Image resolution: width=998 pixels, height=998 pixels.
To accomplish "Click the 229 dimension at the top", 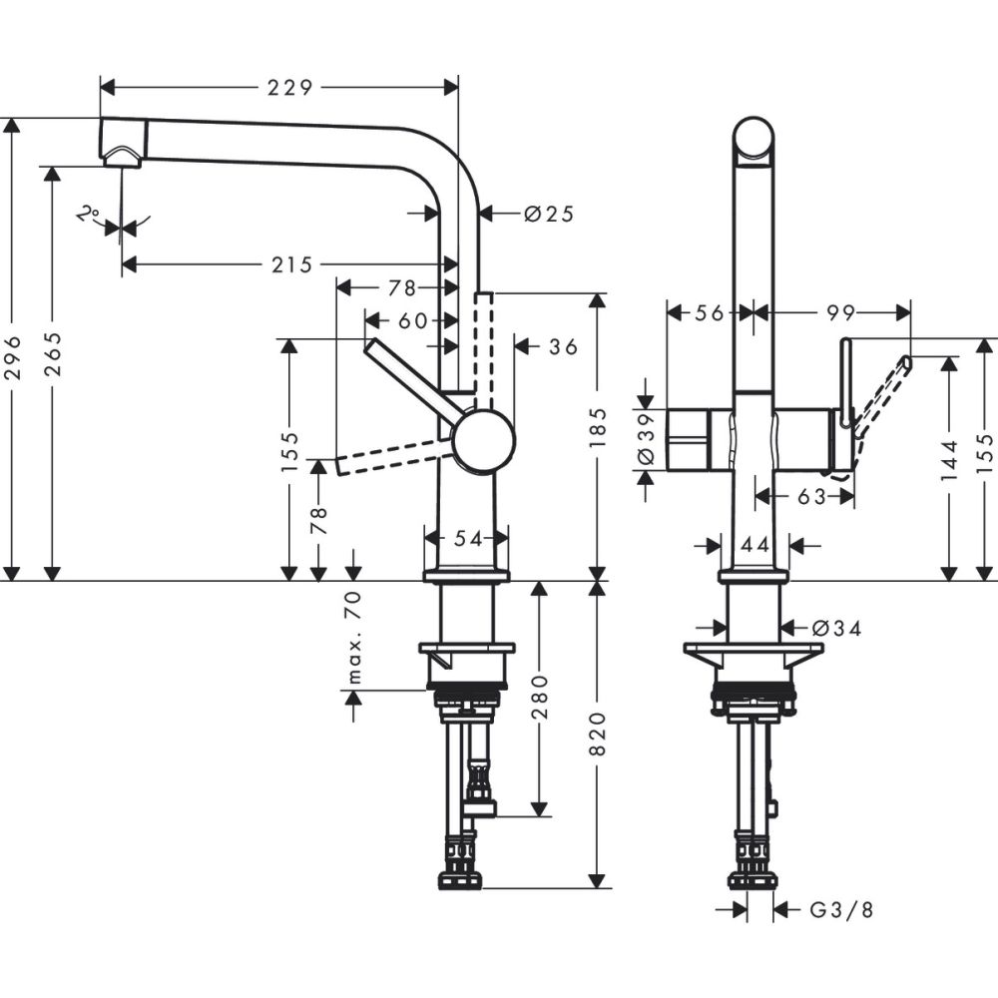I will [x=289, y=87].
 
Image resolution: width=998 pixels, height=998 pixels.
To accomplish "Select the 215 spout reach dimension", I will [x=289, y=264].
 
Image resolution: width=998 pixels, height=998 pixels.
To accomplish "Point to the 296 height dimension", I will [x=12, y=355].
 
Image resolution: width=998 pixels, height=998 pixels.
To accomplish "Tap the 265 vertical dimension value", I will [x=53, y=355].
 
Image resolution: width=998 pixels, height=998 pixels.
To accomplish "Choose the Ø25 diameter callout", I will [x=549, y=213].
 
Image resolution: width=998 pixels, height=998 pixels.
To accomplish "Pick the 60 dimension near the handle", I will [x=412, y=320].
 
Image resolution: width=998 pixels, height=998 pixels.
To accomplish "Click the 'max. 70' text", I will [x=353, y=637].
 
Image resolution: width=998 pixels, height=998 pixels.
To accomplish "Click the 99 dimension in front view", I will [x=841, y=312].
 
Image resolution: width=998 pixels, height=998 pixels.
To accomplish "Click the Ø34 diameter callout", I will [x=836, y=628].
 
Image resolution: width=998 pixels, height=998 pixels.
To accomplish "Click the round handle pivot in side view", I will [x=483, y=440].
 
